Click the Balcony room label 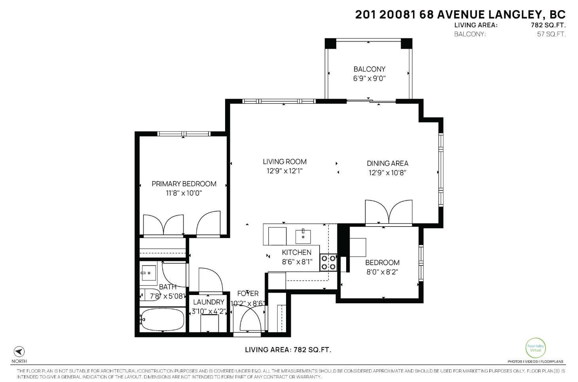(369, 69)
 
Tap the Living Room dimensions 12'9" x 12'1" (284, 171)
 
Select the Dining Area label (387, 163)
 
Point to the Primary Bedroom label (184, 183)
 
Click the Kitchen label (296, 252)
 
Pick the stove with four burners (328, 262)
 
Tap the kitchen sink (303, 236)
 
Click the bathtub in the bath (162, 320)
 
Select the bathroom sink (148, 272)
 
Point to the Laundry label (208, 302)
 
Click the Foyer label (248, 293)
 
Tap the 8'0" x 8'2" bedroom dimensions (382, 272)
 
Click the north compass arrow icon (19, 352)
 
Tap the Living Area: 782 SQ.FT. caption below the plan (288, 350)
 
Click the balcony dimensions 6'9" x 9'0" (369, 78)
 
